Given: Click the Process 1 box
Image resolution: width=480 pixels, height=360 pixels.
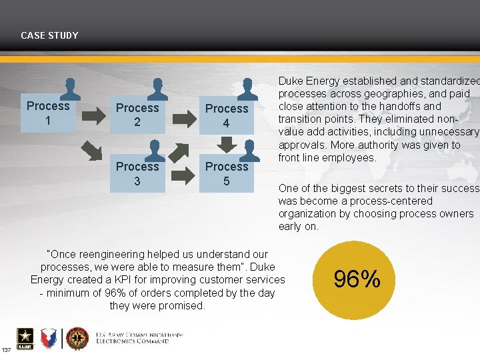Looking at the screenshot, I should click(47, 113).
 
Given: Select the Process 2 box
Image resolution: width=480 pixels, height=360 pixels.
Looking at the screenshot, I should click(137, 115).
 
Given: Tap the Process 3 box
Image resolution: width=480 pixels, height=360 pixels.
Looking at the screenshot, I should click(137, 173).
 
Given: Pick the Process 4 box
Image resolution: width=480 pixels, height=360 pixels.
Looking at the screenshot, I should click(227, 115).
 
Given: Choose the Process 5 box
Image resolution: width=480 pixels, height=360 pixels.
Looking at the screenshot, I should click(227, 173).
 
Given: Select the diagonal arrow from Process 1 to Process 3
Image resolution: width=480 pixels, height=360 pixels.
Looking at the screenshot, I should click(92, 151).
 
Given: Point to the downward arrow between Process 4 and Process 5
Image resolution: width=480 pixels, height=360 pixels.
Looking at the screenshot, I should click(227, 144).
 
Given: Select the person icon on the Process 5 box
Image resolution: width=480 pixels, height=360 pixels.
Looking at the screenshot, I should click(247, 149).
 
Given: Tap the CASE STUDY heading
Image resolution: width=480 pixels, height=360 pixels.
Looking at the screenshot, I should click(49, 35).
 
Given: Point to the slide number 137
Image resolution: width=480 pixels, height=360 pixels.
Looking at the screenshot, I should click(6, 350).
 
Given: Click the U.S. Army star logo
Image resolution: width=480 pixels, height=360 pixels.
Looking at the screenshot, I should click(25, 339).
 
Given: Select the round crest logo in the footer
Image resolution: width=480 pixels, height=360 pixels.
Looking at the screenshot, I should click(77, 339).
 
